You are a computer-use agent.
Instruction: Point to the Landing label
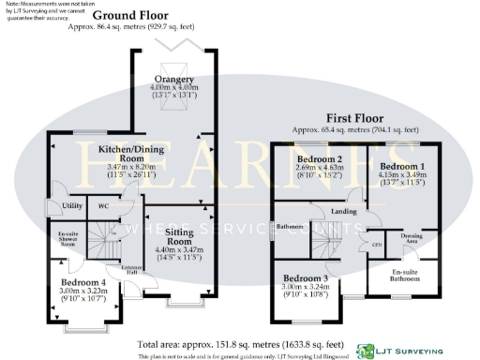point(344,212)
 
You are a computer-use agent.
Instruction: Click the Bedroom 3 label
point(306,278)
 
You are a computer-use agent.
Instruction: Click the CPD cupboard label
point(376,245)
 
